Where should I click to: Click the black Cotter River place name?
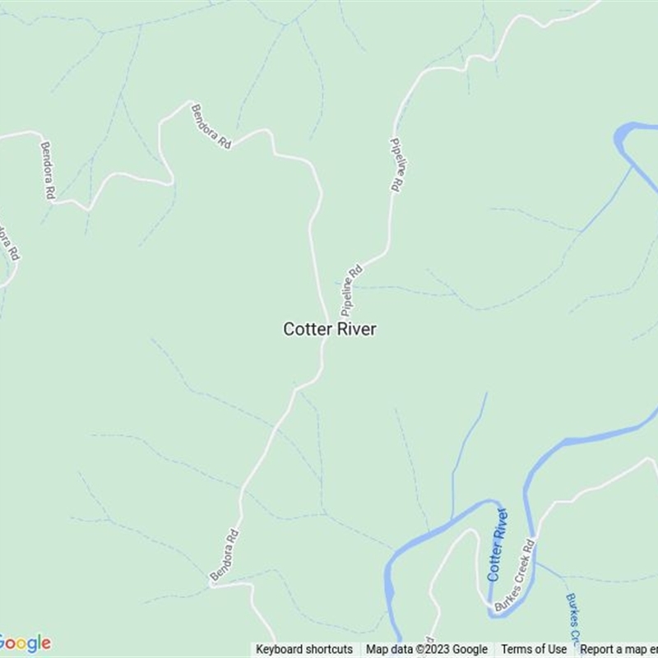tap(330, 329)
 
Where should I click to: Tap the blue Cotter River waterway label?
tap(498, 544)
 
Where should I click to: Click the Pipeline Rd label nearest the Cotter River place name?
tap(351, 289)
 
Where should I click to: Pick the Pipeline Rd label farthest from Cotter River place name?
tap(396, 164)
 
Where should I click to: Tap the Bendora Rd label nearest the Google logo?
tap(224, 555)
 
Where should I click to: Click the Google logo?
tap(25, 642)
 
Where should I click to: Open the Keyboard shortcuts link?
tap(304, 649)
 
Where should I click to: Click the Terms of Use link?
tap(534, 649)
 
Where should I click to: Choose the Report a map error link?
tap(618, 649)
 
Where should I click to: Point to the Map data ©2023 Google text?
tap(427, 649)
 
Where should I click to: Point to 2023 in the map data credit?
tap(438, 649)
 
